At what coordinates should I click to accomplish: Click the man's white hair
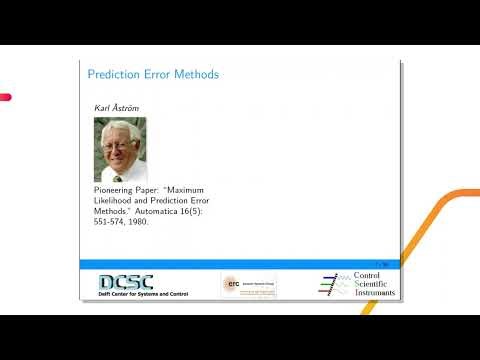point(118,129)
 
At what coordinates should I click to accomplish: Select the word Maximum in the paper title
point(190,189)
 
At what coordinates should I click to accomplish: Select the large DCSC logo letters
point(126,282)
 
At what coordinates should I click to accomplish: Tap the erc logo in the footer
point(232,284)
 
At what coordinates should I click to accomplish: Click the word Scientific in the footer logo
point(375,284)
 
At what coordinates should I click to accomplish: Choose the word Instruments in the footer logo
point(375,293)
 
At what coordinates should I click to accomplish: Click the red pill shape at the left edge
point(5,97)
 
